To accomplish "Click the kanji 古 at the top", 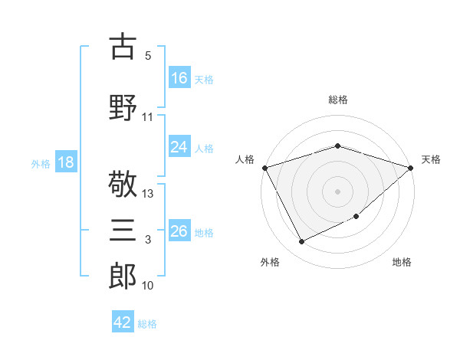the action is click(123, 46).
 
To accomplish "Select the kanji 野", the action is click(123, 107).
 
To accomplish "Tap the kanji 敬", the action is click(123, 184).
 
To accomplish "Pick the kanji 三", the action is click(123, 230).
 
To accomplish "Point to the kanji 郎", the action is click(123, 276).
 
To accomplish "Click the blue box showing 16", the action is click(179, 77).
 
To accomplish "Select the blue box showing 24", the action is click(179, 146).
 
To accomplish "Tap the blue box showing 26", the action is click(179, 230).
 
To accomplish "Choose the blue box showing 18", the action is click(66, 162).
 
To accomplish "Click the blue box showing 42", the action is click(123, 321).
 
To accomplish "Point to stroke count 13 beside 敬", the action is click(147, 194).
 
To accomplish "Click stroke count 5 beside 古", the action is click(148, 55).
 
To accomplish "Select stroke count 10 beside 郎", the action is click(147, 285).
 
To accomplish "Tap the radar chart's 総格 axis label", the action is click(338, 100).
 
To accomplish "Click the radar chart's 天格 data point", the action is click(411, 168).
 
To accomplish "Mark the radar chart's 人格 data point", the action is click(265, 168).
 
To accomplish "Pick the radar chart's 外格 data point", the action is click(301, 241).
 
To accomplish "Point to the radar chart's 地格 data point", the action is click(356, 216).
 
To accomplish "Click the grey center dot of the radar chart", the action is click(337, 191).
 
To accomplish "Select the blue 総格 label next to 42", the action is click(147, 324).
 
